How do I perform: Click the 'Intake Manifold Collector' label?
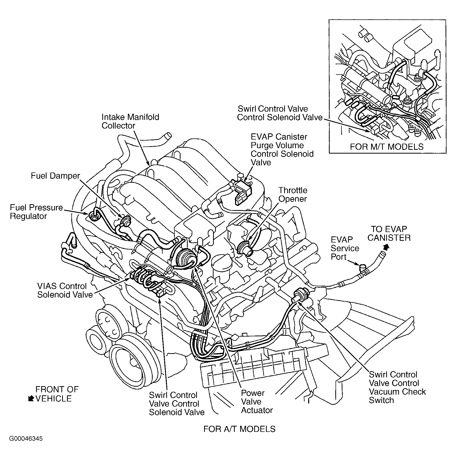(x=130, y=121)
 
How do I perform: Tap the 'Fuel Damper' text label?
(x=55, y=176)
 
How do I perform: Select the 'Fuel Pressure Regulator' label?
(x=36, y=212)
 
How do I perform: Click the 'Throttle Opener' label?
(x=293, y=194)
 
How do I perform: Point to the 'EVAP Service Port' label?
(x=345, y=248)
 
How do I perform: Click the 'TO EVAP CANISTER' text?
(x=389, y=233)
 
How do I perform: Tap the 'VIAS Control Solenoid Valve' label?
(x=65, y=290)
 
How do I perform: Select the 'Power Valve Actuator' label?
(x=257, y=401)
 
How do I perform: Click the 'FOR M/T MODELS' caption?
(x=386, y=147)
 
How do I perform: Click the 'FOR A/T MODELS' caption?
(x=239, y=429)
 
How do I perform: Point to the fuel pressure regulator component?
(x=93, y=217)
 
